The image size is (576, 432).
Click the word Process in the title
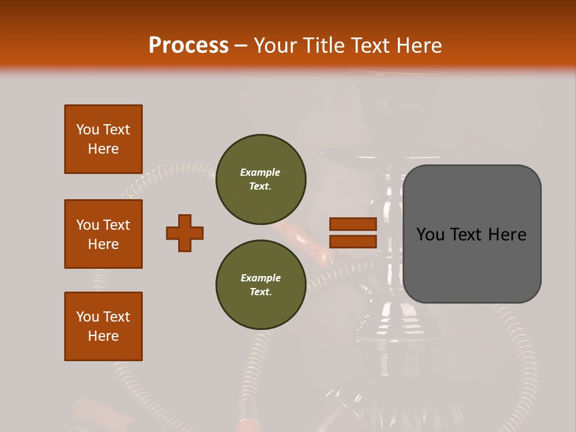(x=188, y=46)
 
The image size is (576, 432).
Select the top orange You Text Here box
(x=103, y=139)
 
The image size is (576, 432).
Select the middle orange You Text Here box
(x=103, y=234)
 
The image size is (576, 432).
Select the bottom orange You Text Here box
(x=103, y=326)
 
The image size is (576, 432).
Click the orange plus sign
(x=185, y=233)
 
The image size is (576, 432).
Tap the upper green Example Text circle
(x=261, y=179)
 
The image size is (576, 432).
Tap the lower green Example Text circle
(x=261, y=285)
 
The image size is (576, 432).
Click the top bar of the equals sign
(x=353, y=224)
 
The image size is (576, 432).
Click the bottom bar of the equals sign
(x=353, y=242)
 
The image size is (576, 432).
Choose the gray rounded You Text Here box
(x=472, y=234)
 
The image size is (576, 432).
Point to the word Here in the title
(x=417, y=46)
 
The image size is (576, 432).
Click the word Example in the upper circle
(x=260, y=172)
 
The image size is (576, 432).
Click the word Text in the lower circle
(x=260, y=292)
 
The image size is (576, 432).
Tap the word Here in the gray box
(x=507, y=235)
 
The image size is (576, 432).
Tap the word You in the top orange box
(x=87, y=130)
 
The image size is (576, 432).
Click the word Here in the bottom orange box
(x=103, y=336)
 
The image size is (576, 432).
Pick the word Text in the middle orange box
(x=117, y=225)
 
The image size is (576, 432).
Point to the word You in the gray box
(x=431, y=235)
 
